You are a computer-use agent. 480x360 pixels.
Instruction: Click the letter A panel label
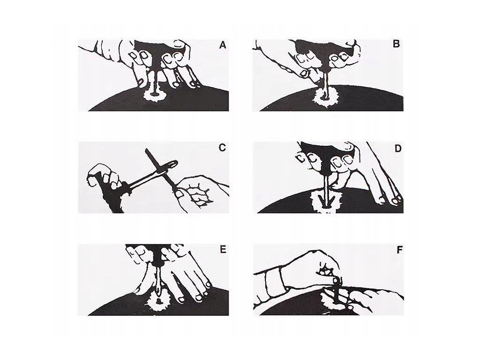click(223, 45)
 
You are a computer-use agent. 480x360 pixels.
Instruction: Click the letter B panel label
click(396, 44)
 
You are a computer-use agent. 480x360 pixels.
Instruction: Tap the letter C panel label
click(223, 148)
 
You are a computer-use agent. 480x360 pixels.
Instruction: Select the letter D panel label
click(397, 149)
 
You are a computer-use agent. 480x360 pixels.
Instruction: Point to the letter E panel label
click(223, 249)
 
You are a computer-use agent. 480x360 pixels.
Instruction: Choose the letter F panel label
click(399, 250)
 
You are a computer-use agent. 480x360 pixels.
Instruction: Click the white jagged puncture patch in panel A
click(155, 94)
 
